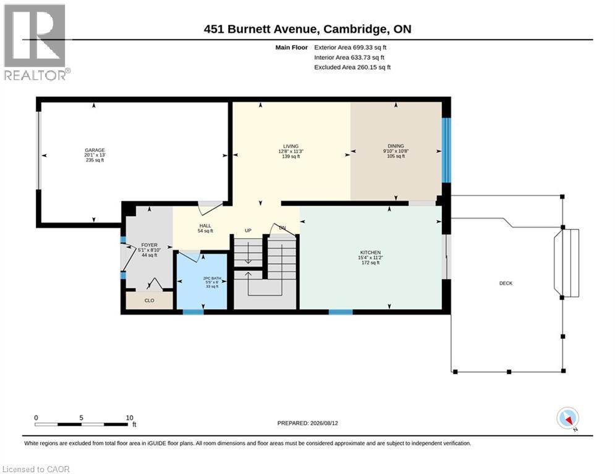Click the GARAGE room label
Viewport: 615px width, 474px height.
point(95,150)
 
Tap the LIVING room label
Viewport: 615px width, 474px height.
point(291,146)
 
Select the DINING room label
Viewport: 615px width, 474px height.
point(396,146)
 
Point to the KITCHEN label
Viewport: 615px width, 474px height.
point(370,252)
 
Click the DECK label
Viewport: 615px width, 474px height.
point(506,283)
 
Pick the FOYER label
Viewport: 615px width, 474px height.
point(149,245)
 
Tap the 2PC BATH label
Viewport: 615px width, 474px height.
point(212,278)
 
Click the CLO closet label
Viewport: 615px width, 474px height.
point(149,301)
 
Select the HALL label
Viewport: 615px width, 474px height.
point(205,226)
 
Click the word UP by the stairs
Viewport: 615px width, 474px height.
point(248,230)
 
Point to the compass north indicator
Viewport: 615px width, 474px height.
point(567,418)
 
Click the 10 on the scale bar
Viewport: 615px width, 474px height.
point(129,418)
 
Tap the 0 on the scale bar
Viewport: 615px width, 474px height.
point(36,418)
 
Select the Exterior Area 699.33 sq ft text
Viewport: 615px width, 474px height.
point(350,48)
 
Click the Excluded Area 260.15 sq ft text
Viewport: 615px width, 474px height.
point(352,67)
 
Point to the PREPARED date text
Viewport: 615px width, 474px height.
point(308,423)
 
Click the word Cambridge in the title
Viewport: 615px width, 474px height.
point(354,29)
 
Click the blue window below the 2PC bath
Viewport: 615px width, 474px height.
point(193,312)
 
